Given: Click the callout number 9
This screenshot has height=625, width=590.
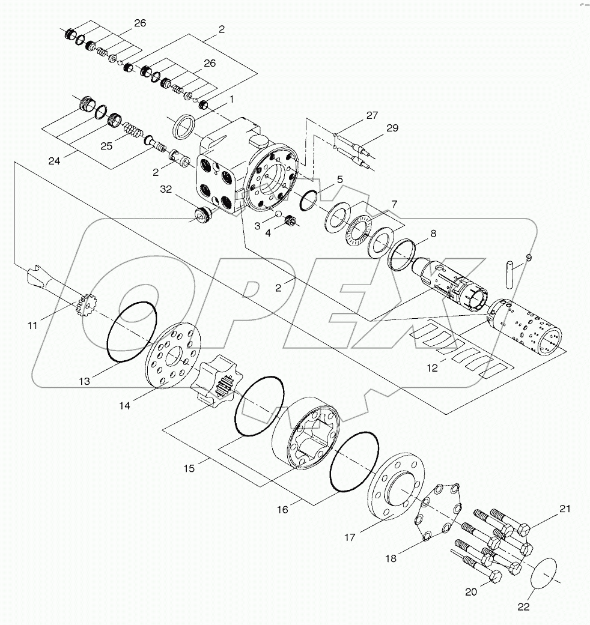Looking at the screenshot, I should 529,258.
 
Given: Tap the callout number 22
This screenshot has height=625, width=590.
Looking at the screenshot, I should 523,606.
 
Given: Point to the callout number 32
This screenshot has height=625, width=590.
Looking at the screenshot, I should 166,190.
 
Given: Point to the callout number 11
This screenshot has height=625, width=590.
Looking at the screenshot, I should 32,325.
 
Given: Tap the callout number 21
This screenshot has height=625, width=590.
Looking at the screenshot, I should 564,509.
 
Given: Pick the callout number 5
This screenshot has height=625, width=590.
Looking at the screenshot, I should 340,179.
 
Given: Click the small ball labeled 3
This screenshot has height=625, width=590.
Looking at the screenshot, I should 278,214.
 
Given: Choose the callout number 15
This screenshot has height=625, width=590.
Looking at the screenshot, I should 189,467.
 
